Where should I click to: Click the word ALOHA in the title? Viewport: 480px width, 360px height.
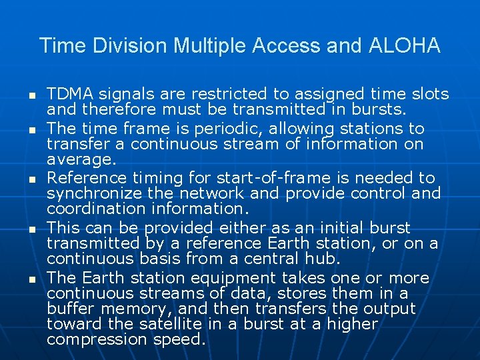403,46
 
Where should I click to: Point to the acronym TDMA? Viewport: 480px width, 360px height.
70,94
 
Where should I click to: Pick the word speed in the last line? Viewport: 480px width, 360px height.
185,339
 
